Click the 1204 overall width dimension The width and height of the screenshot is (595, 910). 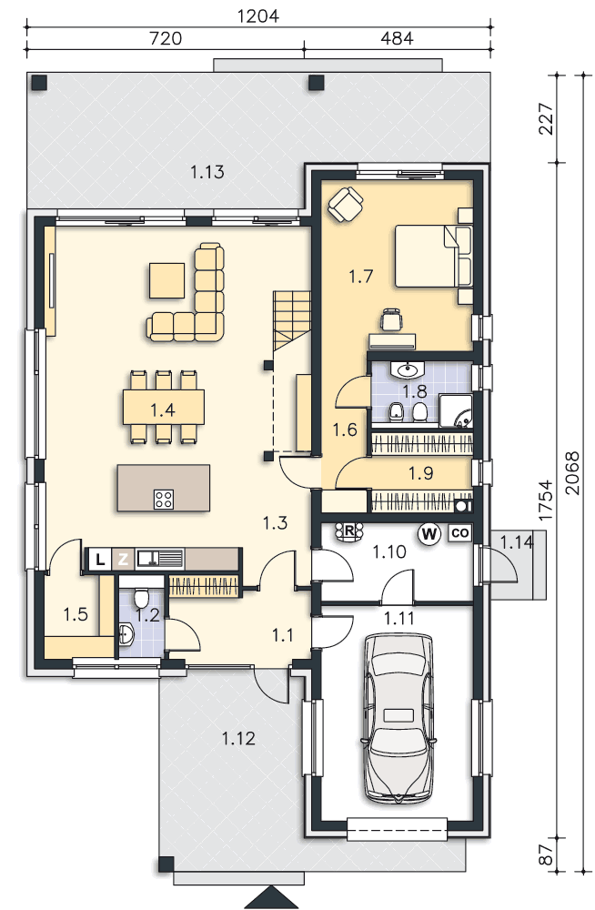(x=258, y=15)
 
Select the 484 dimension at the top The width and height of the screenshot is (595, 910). (x=397, y=38)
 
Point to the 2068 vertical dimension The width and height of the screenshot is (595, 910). (x=572, y=473)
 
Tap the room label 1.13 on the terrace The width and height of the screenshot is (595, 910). (x=207, y=172)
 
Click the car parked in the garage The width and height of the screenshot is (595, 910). (x=398, y=718)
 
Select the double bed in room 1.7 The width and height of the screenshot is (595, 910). (x=433, y=257)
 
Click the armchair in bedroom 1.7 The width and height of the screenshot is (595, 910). (x=346, y=203)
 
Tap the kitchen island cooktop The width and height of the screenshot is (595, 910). (x=164, y=500)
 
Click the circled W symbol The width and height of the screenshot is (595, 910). (x=429, y=533)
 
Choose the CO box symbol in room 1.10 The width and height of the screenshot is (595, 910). (x=459, y=532)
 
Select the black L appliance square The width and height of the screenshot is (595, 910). (x=100, y=560)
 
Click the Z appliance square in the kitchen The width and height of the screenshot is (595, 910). (x=123, y=560)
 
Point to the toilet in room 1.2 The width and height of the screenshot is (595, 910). (x=141, y=597)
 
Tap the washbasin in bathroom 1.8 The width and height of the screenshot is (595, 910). (x=408, y=369)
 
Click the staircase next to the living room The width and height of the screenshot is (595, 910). (x=292, y=319)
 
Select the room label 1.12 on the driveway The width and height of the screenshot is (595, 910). (x=238, y=738)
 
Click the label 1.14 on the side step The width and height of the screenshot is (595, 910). (x=517, y=542)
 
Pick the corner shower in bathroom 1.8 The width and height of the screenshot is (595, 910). (x=456, y=411)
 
